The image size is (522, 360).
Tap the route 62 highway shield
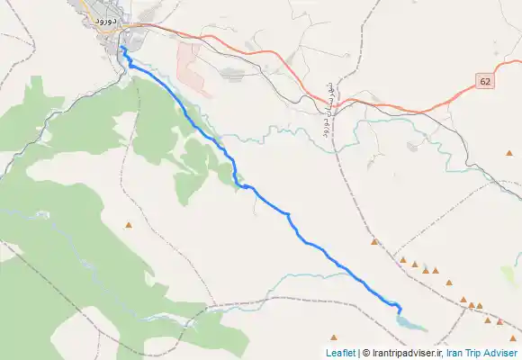point(486,82)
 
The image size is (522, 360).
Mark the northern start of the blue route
point(121,48)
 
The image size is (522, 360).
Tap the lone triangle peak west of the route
point(130,225)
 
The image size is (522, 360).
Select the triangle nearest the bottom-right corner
point(513,338)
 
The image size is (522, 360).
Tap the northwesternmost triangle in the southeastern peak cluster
point(374,241)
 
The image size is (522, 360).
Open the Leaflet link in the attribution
point(340,353)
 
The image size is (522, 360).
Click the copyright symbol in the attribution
point(364,353)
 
